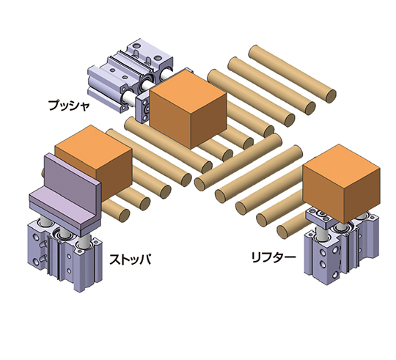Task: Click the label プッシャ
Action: [69, 105]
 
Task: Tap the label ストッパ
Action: [131, 259]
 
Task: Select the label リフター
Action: [274, 257]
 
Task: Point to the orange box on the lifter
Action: [342, 183]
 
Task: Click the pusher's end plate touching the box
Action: [143, 109]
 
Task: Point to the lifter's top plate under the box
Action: [320, 216]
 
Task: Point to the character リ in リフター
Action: [256, 257]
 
